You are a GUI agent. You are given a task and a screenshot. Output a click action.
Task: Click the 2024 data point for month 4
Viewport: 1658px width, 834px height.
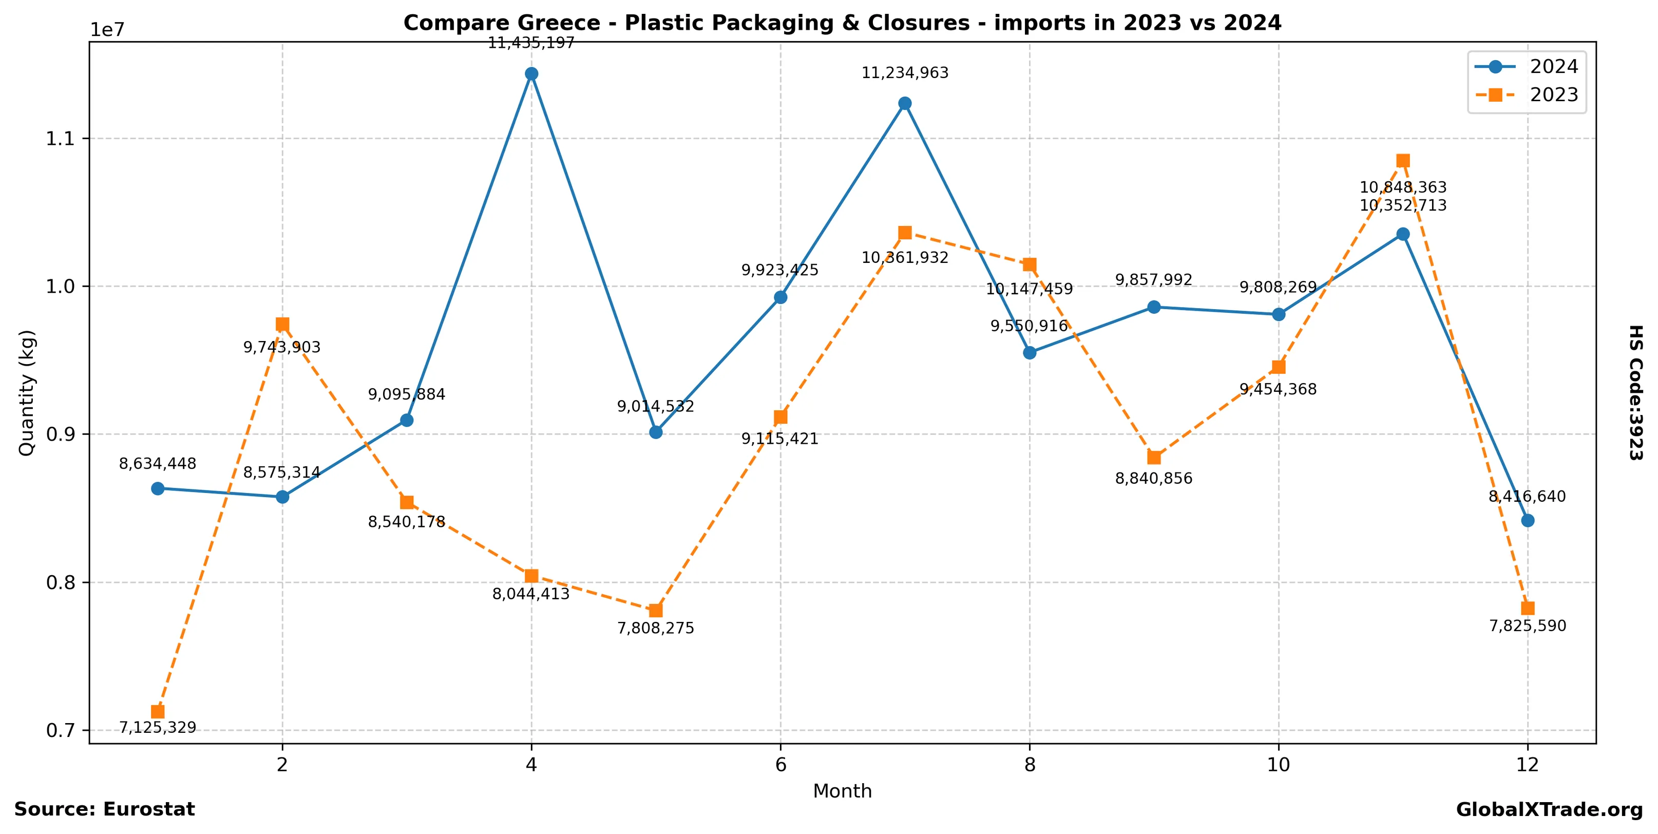click(x=531, y=74)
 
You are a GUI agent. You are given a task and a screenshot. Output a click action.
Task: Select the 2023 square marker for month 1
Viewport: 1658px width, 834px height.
click(x=158, y=711)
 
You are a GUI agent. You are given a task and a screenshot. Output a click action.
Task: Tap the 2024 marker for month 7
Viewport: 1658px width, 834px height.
click(x=905, y=104)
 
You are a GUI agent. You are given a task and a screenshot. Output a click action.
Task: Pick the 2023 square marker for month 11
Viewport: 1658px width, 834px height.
click(x=1403, y=160)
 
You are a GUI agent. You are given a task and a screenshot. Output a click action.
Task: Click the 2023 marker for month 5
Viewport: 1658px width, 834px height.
click(x=656, y=610)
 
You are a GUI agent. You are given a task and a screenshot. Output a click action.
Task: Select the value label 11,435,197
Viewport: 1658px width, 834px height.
click(x=531, y=43)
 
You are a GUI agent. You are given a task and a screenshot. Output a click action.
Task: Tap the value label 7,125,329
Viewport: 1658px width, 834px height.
click(x=158, y=728)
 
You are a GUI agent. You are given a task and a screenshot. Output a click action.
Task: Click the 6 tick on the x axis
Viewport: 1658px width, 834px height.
click(x=780, y=765)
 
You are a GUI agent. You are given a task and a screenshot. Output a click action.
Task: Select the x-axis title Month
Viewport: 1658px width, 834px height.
click(x=842, y=791)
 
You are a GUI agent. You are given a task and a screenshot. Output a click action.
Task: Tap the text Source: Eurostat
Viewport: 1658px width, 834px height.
click(x=104, y=809)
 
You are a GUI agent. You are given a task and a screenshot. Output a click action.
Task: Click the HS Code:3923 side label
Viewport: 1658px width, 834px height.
click(x=1635, y=392)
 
